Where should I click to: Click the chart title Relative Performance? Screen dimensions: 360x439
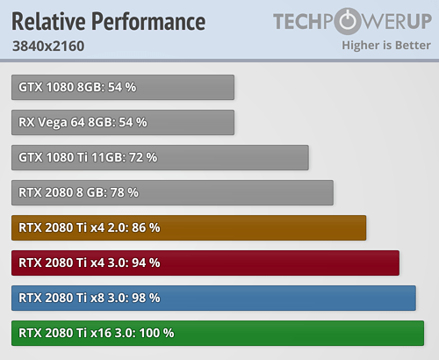(109, 20)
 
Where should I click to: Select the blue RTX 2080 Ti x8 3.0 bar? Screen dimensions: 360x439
(213, 298)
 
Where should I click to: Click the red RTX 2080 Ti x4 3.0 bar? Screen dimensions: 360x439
(205, 263)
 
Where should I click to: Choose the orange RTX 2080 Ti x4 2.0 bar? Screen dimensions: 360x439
(189, 227)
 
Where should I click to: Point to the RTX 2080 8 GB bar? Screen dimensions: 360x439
(172, 192)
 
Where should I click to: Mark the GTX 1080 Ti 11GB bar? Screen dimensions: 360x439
(160, 157)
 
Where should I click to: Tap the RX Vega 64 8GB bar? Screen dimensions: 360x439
(123, 122)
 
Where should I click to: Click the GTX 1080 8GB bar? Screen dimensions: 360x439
(123, 87)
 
